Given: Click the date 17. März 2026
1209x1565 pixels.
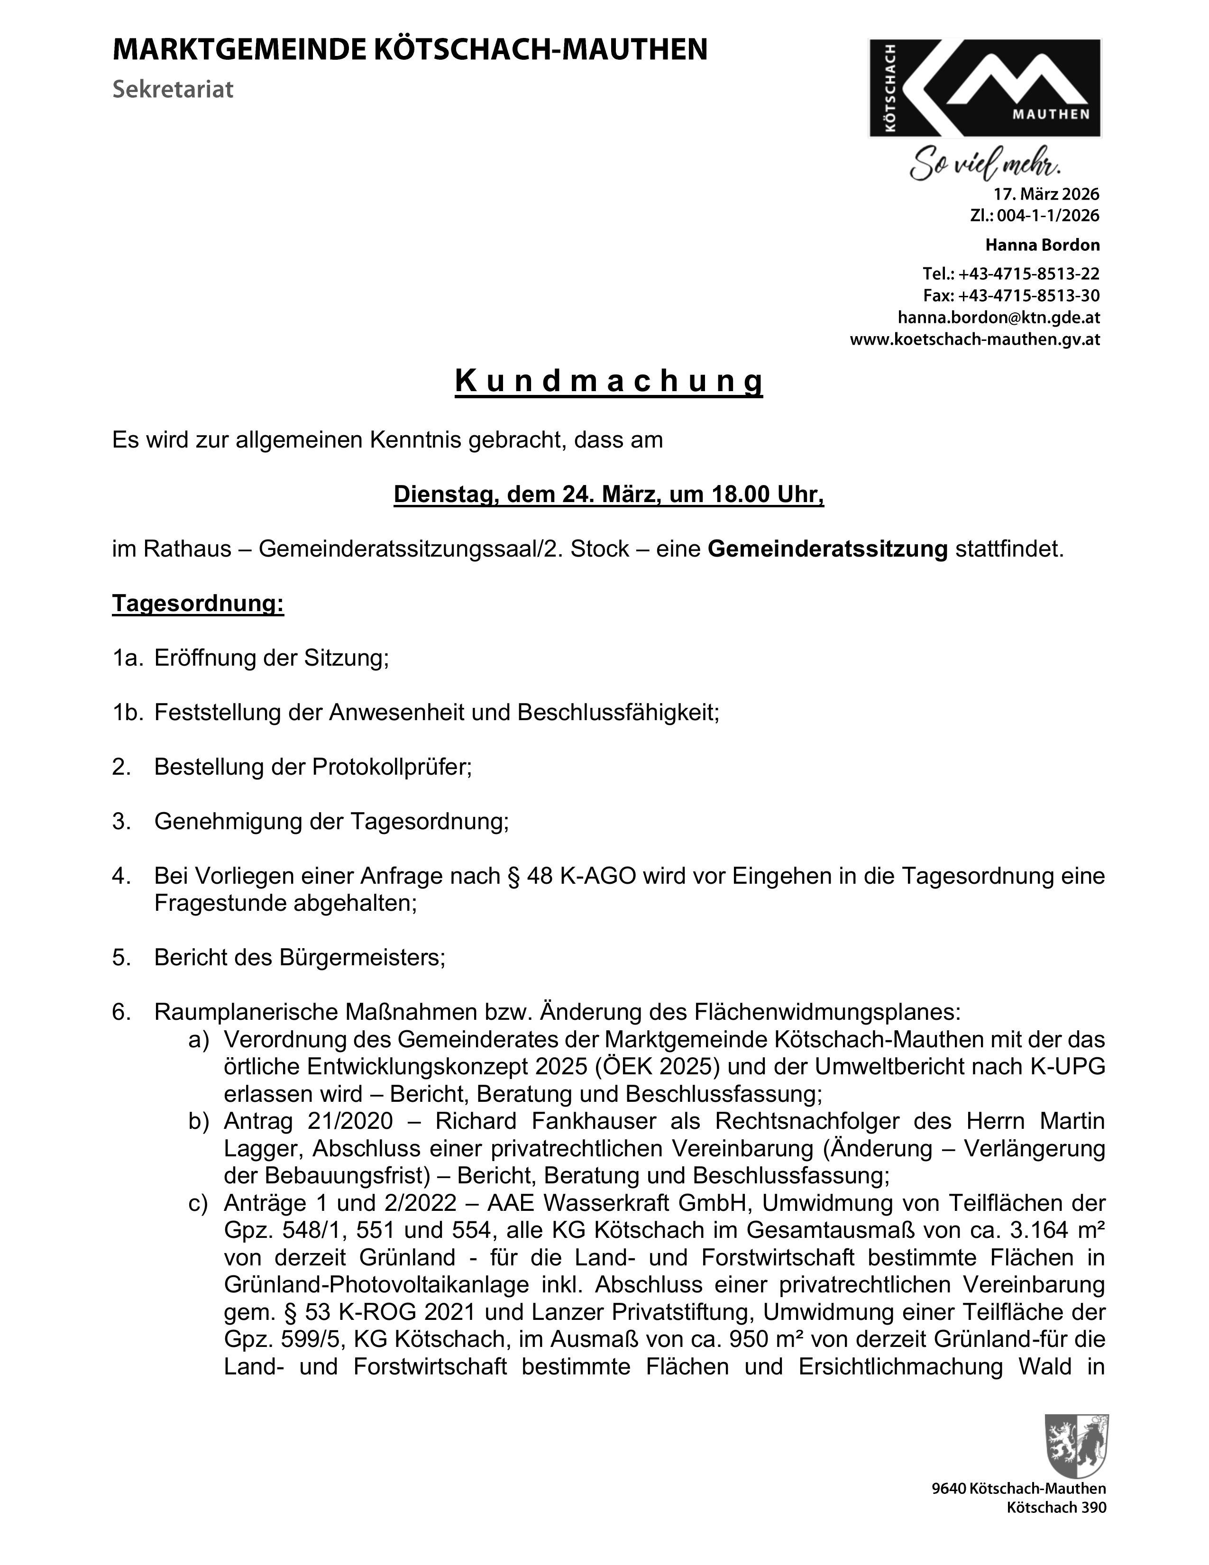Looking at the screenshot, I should pos(1045,194).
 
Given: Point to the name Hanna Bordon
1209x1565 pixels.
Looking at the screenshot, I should pos(1042,245).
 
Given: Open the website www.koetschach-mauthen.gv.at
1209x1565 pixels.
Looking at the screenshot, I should pos(975,339).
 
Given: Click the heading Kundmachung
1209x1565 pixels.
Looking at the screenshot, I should pos(608,381).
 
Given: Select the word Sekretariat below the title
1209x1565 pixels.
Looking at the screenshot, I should pos(173,90).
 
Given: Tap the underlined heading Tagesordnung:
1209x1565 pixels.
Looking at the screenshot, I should pos(198,604).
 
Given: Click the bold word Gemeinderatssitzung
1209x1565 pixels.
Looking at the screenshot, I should pos(827,549).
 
